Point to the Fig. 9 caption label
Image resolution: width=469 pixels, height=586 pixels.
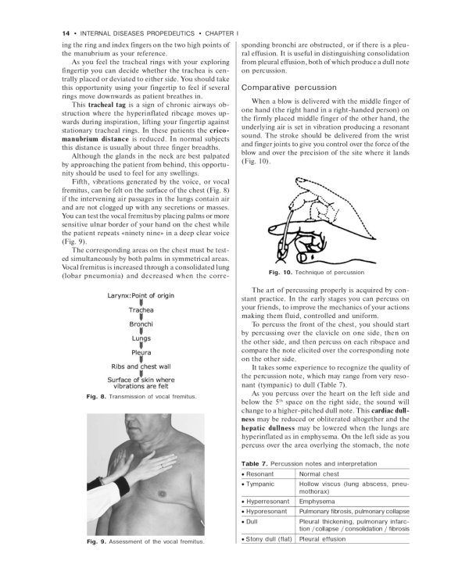click(98, 563)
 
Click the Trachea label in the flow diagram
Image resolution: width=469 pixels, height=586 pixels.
click(141, 309)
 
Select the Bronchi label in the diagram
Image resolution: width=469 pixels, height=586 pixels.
click(141, 323)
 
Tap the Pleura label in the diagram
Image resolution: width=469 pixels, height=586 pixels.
click(141, 352)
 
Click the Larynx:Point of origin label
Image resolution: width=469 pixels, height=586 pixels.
click(141, 295)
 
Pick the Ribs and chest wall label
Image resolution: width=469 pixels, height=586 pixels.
click(141, 366)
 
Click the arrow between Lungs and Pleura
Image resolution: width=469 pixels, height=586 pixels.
click(141, 345)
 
